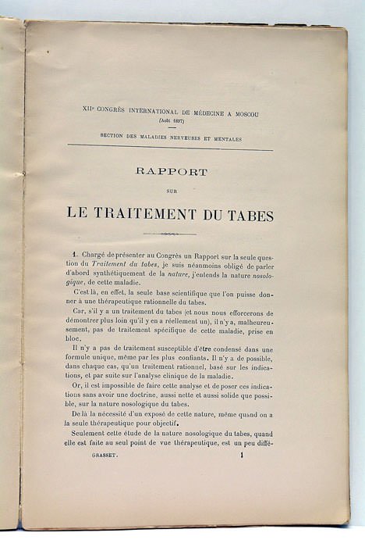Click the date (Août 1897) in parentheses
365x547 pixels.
point(171,123)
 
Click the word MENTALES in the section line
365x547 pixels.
point(226,138)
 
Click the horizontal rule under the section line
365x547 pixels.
point(170,147)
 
